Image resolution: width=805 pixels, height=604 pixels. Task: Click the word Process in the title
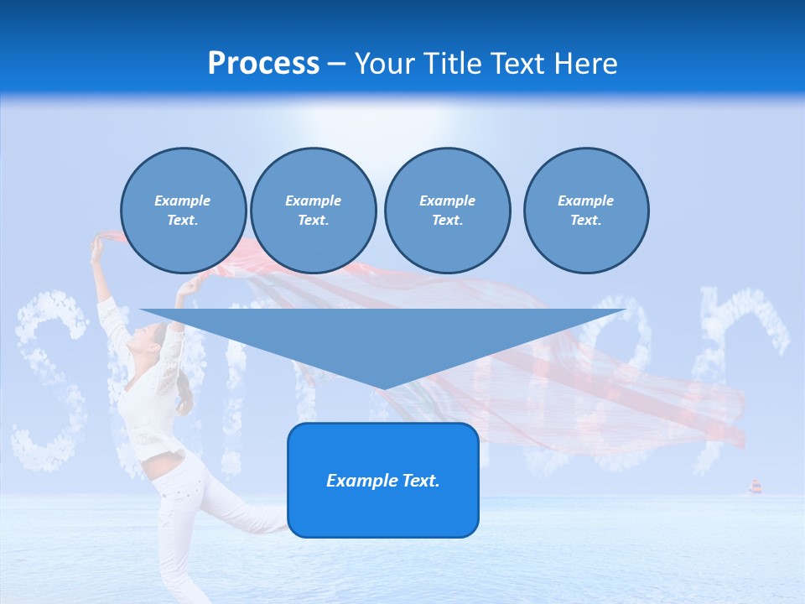tap(263, 64)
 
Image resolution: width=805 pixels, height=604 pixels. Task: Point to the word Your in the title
tap(386, 64)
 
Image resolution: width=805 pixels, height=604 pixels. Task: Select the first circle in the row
tap(184, 211)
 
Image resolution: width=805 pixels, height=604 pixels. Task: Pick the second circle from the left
tap(314, 211)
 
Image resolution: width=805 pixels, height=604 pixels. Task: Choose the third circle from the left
tap(447, 211)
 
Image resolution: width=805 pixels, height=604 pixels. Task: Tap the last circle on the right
tap(586, 211)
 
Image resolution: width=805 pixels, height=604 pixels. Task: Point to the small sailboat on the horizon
tap(755, 487)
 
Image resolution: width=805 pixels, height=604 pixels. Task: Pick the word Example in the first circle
tap(183, 200)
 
